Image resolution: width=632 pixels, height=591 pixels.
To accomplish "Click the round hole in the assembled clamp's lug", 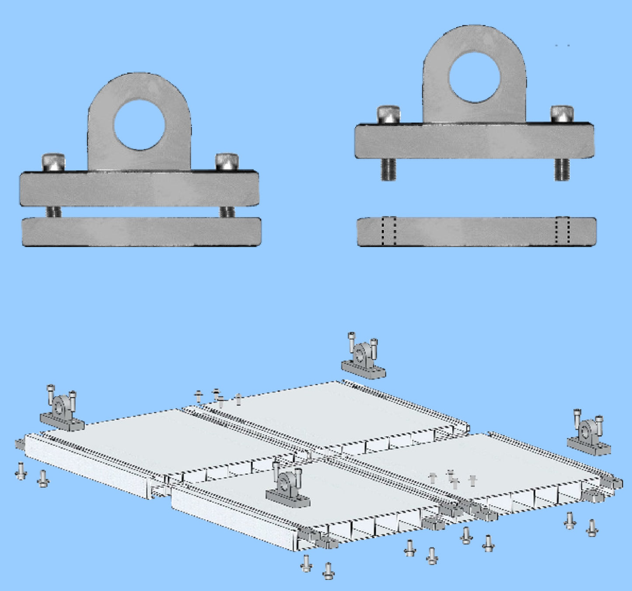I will pos(139,125).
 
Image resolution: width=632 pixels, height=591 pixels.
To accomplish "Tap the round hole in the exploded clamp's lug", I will pos(474,77).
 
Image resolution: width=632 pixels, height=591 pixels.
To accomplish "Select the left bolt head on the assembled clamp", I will pos(53,162).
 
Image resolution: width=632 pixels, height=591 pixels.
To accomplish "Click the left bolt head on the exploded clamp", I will pos(389,114).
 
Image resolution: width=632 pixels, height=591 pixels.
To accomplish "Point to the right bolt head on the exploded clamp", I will pos(562,114).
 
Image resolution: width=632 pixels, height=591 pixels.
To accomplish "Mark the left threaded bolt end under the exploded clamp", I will pos(388,169).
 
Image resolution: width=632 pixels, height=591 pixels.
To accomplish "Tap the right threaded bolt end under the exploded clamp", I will pos(562,169).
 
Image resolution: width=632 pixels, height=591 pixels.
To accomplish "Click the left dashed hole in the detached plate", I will pos(388,231).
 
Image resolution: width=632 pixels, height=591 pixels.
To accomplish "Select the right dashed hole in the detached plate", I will pos(562,231).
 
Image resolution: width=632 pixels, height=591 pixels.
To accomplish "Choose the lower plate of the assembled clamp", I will pos(141,232).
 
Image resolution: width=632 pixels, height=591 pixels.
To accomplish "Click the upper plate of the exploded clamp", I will pos(474,141).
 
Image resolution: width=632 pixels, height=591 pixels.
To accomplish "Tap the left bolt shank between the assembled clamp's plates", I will pos(53,212).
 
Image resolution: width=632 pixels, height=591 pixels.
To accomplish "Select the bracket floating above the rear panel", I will pos(363,357).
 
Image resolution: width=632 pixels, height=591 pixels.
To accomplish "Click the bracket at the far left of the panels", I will pos(62,410).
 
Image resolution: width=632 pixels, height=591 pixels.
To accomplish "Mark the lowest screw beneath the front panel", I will pos(328,571).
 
